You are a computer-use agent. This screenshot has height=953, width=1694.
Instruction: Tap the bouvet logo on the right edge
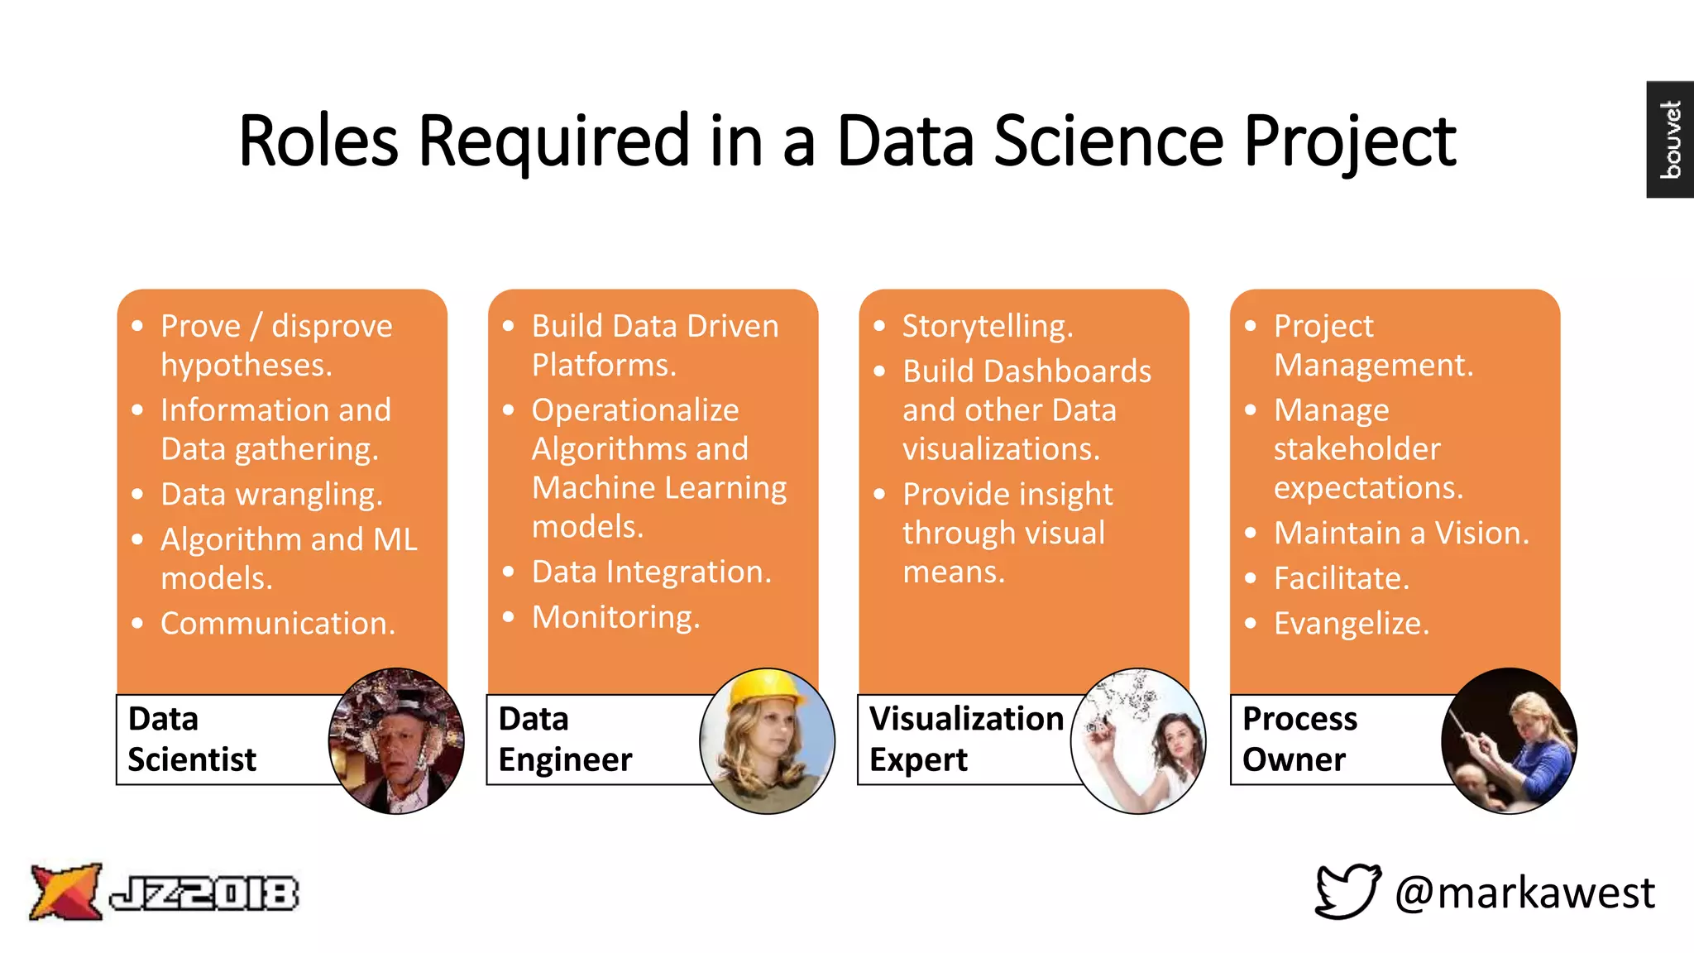click(1670, 139)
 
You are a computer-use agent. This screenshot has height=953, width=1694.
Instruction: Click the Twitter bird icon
click(1347, 891)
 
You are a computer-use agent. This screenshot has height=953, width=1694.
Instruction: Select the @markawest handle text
click(1524, 893)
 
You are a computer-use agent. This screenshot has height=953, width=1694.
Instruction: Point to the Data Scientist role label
click(192, 739)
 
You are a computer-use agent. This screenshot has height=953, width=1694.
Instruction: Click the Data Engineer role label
click(565, 739)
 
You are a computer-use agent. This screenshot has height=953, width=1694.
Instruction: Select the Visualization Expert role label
click(965, 739)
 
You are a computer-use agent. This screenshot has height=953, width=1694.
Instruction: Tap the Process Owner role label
click(1299, 739)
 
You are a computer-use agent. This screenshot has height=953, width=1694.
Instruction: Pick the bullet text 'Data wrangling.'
click(271, 494)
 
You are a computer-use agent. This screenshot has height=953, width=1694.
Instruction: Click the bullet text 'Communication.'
click(278, 623)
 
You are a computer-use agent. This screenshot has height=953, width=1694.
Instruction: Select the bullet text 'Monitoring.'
click(615, 617)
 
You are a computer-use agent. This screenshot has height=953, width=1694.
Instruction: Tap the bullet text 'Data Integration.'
click(651, 572)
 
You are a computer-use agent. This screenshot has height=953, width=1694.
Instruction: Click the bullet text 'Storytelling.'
click(988, 326)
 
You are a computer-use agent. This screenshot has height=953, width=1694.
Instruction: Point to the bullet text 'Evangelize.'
click(1351, 623)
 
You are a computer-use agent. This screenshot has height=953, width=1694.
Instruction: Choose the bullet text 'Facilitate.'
click(1341, 578)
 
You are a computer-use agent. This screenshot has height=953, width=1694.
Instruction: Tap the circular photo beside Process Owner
click(1509, 740)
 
